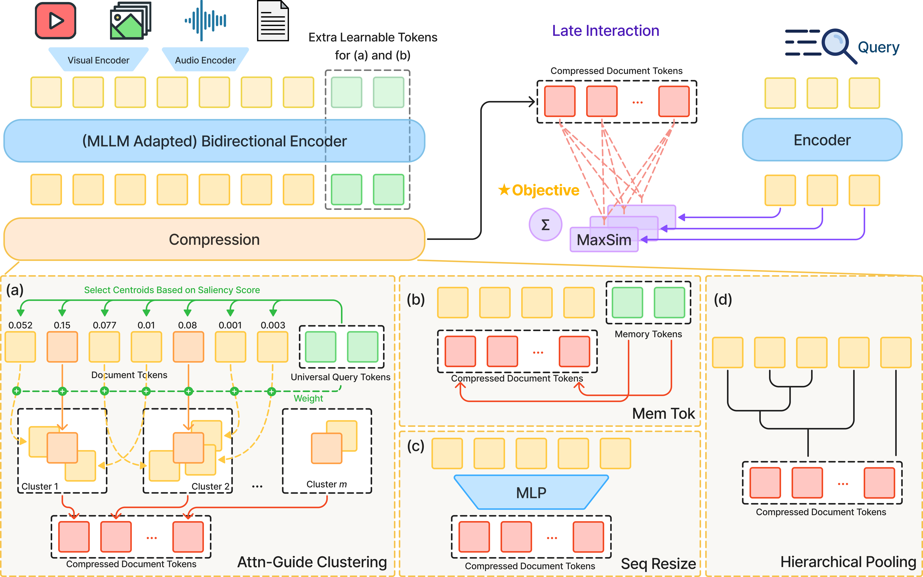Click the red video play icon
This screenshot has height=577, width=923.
56,21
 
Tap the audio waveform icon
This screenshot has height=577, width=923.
205,21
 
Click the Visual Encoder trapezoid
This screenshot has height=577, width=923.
99,60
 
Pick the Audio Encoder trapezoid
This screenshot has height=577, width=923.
205,60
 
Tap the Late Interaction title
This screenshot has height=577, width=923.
605,31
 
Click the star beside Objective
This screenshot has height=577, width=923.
504,190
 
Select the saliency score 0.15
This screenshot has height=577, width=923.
62,325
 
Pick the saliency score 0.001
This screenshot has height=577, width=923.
230,325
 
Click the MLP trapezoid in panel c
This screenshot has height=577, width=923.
531,492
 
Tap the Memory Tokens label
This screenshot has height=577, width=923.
648,334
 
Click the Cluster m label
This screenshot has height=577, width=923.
326,484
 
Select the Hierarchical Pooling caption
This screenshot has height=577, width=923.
848,562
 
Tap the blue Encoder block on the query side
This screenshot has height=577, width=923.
822,140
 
